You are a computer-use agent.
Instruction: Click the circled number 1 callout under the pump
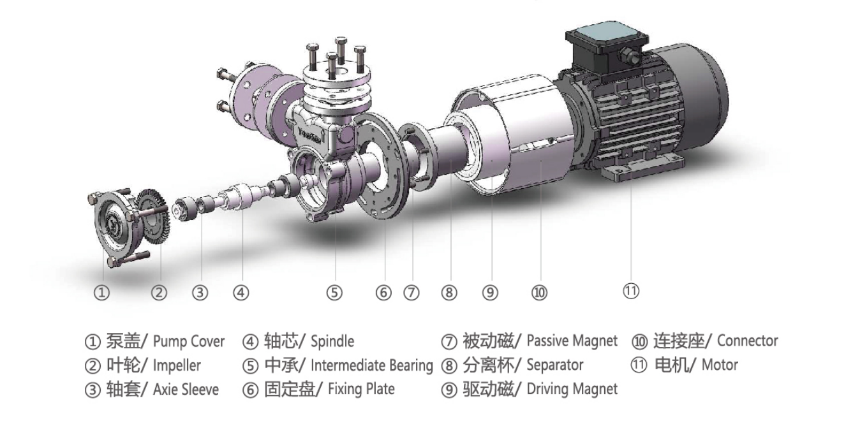pos(101,293)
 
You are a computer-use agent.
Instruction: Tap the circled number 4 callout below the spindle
pos(241,293)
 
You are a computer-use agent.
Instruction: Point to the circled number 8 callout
pos(449,293)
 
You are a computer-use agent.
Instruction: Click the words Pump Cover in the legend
pos(189,342)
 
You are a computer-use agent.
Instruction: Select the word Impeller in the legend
pos(177,365)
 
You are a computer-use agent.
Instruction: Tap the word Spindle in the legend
pos(332,342)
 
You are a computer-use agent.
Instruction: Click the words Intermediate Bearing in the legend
pos(371,365)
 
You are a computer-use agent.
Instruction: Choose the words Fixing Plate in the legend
pos(361,389)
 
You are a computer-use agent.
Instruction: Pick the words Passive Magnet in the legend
pos(572,341)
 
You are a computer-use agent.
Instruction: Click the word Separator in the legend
pos(554,365)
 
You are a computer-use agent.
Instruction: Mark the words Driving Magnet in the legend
pos(572,389)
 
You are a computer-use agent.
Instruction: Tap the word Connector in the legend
pos(747,341)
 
